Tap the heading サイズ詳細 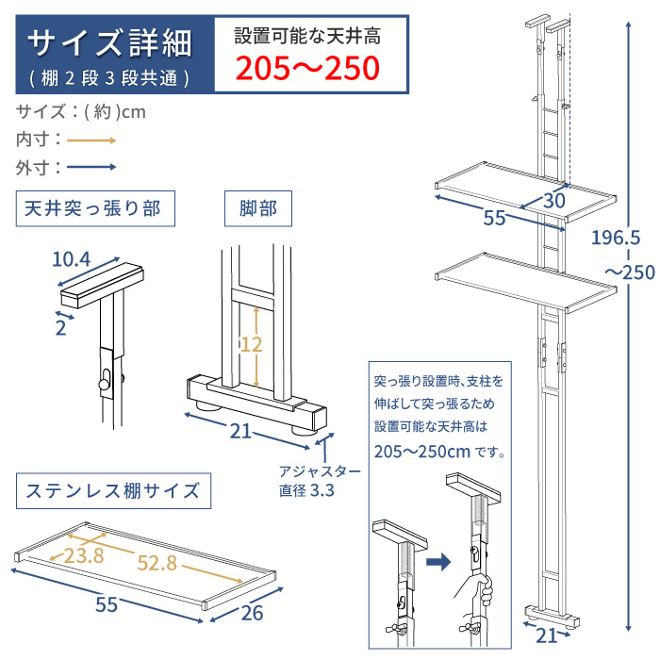point(109,41)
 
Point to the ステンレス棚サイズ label point(111,490)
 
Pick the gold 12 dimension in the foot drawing point(251,345)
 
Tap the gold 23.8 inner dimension point(84,555)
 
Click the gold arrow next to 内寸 point(91,140)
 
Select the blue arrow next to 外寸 point(91,168)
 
